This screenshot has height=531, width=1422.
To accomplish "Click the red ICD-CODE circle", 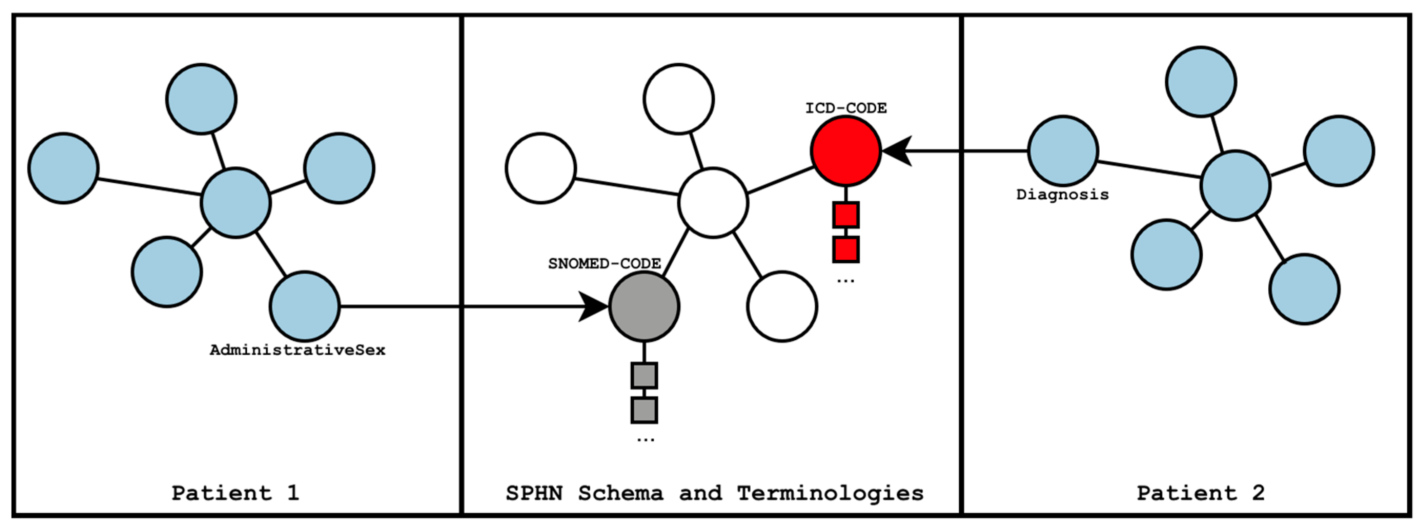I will coord(845,151).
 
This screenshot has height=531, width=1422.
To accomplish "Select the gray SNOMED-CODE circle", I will coord(644,306).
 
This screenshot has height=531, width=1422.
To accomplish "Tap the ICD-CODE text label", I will coord(845,108).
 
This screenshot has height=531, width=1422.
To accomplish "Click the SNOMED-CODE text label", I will coord(604,264).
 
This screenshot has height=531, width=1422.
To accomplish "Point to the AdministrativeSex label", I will coord(298,350).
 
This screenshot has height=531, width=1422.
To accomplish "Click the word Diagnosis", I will coord(1062,195).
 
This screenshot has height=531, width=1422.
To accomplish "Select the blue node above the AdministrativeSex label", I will coord(304,306).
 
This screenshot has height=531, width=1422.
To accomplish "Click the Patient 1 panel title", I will coord(236,493).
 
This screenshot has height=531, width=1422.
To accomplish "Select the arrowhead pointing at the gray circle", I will coord(594,306).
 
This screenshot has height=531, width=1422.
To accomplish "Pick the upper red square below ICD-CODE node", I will coord(845,215).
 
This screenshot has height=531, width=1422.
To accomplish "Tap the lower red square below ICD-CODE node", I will coord(845,249).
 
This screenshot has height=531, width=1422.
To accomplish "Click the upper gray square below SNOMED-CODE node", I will coord(644,376).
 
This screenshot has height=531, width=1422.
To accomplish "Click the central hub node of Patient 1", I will coord(236,203).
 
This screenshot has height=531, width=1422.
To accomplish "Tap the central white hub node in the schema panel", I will coord(713,203).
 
